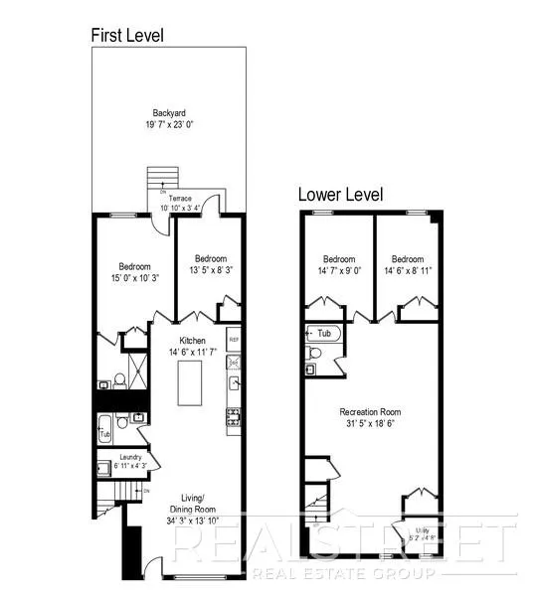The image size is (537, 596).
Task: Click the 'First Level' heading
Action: pos(127,36)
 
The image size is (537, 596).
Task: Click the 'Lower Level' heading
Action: pos(340,195)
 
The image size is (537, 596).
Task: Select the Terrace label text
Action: pos(179,198)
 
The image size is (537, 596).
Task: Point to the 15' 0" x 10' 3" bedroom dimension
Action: pos(134,280)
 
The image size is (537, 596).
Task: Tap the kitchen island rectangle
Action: pos(190,383)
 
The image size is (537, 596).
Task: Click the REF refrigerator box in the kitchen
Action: pos(234,339)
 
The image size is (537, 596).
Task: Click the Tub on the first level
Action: pos(104,434)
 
